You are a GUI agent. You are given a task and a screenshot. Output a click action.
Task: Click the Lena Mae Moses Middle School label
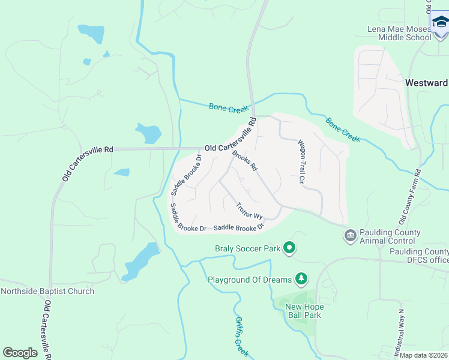pos(399,33)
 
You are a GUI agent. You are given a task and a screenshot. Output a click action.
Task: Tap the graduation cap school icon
pos(440,23)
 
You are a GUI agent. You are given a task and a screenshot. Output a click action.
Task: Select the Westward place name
pos(427,83)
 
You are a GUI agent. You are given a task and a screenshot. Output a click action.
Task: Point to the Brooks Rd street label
pos(245,160)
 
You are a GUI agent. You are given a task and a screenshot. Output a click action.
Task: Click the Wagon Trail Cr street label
pos(302,161)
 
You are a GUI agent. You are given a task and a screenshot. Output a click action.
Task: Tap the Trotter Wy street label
pos(249,211)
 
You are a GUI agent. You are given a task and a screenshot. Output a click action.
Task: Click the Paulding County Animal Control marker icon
pos(349,235)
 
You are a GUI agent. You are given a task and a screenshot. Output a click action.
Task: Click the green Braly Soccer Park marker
pos(289,247)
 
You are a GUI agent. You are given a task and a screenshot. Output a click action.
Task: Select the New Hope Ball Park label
pos(304,311)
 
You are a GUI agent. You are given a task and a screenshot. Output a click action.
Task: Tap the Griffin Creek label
pos(241,335)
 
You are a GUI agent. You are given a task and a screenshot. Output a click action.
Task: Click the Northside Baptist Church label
pos(47,292)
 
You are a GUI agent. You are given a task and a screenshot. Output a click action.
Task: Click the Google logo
pos(20,352)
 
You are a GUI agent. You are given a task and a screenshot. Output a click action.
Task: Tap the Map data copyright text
pos(424,355)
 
